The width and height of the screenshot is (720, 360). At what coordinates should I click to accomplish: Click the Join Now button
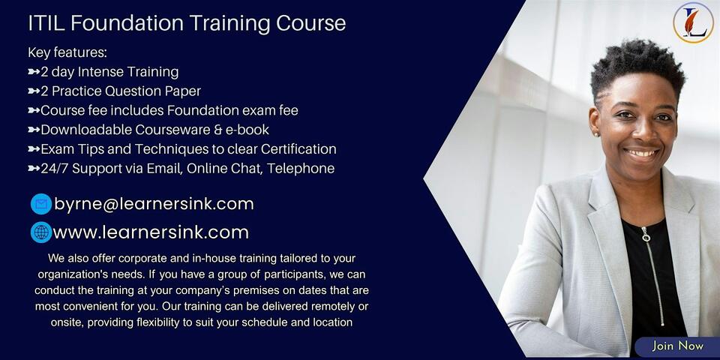(x=677, y=346)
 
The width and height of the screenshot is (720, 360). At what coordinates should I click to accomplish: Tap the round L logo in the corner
(x=693, y=22)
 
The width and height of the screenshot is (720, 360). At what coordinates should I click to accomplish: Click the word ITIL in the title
(x=44, y=23)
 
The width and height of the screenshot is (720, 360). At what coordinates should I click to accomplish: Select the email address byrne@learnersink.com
(x=154, y=204)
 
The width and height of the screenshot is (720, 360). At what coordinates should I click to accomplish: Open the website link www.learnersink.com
(x=151, y=232)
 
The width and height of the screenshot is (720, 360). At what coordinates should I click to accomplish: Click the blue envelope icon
(x=41, y=204)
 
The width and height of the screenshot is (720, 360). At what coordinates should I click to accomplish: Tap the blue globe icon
(x=41, y=232)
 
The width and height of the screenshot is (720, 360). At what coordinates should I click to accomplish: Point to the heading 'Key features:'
(x=67, y=52)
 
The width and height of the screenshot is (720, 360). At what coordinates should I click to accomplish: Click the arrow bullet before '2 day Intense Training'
(x=33, y=72)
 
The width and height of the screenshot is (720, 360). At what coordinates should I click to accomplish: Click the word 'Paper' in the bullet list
(x=183, y=91)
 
